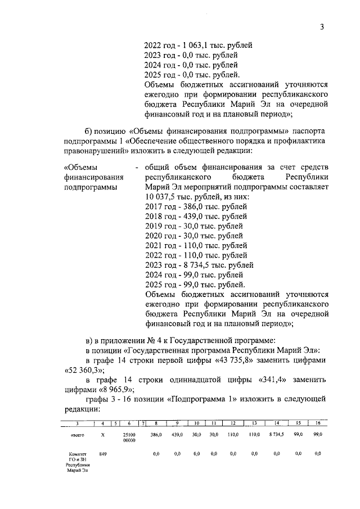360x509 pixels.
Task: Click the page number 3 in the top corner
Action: click(x=322, y=26)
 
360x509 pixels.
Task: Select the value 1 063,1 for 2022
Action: click(x=195, y=44)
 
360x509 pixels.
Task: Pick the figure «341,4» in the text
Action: click(x=272, y=380)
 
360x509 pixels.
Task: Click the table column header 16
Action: click(x=318, y=422)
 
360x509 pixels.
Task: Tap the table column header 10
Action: click(x=197, y=422)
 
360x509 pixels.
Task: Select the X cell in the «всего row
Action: click(x=102, y=435)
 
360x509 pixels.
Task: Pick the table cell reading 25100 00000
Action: click(x=129, y=438)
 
